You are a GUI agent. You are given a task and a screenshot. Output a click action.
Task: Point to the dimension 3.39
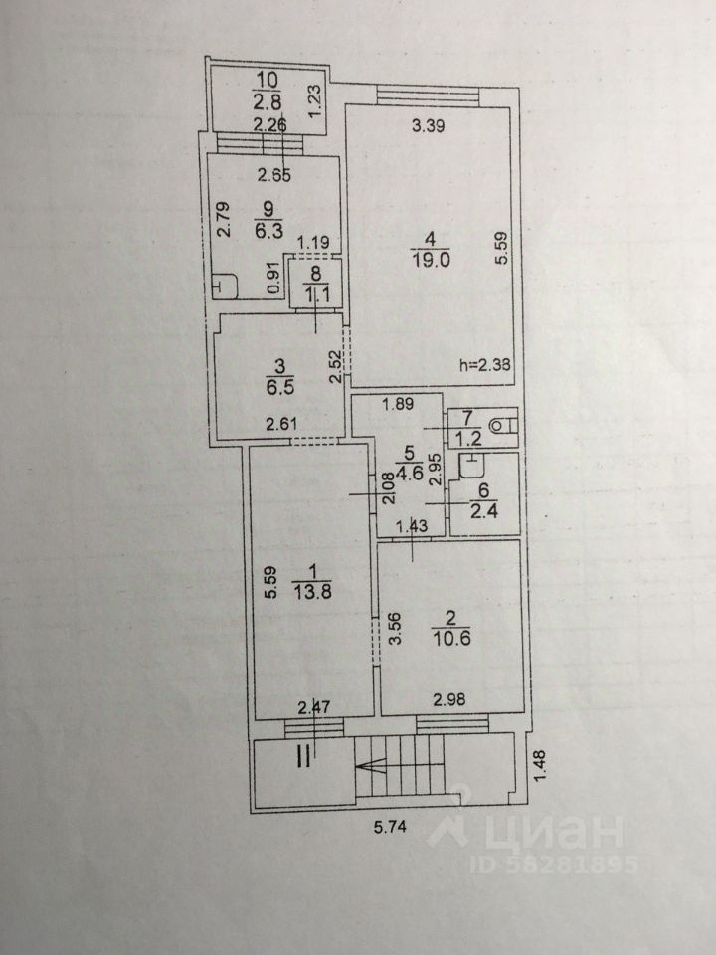click(429, 126)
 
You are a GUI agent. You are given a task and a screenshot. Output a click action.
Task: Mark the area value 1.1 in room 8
click(314, 293)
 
